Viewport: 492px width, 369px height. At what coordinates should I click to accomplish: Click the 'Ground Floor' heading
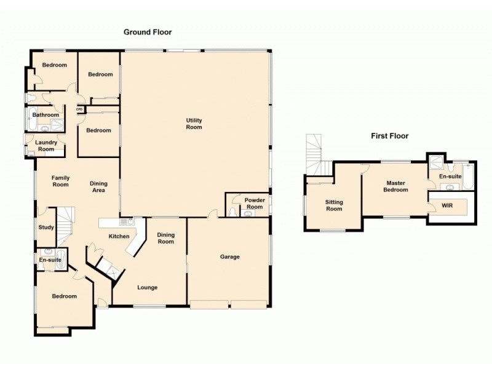pyautogui.click(x=148, y=32)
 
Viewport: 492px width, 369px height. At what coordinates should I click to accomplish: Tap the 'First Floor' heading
pyautogui.click(x=389, y=136)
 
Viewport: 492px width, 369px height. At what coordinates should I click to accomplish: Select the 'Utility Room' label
pyautogui.click(x=194, y=124)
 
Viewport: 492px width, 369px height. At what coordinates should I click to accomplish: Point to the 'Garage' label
pyautogui.click(x=229, y=256)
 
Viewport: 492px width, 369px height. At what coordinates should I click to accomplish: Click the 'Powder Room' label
pyautogui.click(x=254, y=204)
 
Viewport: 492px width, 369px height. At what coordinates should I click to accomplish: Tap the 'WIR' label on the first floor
pyautogui.click(x=447, y=205)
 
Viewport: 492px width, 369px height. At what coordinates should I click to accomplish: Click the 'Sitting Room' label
pyautogui.click(x=334, y=205)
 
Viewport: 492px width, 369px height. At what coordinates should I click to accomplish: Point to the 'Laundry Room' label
pyautogui.click(x=47, y=146)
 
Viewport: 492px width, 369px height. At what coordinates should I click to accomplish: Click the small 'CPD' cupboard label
pyautogui.click(x=79, y=109)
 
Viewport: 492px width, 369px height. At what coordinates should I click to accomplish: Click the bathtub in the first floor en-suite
pyautogui.click(x=467, y=177)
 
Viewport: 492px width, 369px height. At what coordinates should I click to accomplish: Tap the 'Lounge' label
pyautogui.click(x=148, y=287)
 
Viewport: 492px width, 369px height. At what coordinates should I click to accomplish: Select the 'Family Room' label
pyautogui.click(x=60, y=181)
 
